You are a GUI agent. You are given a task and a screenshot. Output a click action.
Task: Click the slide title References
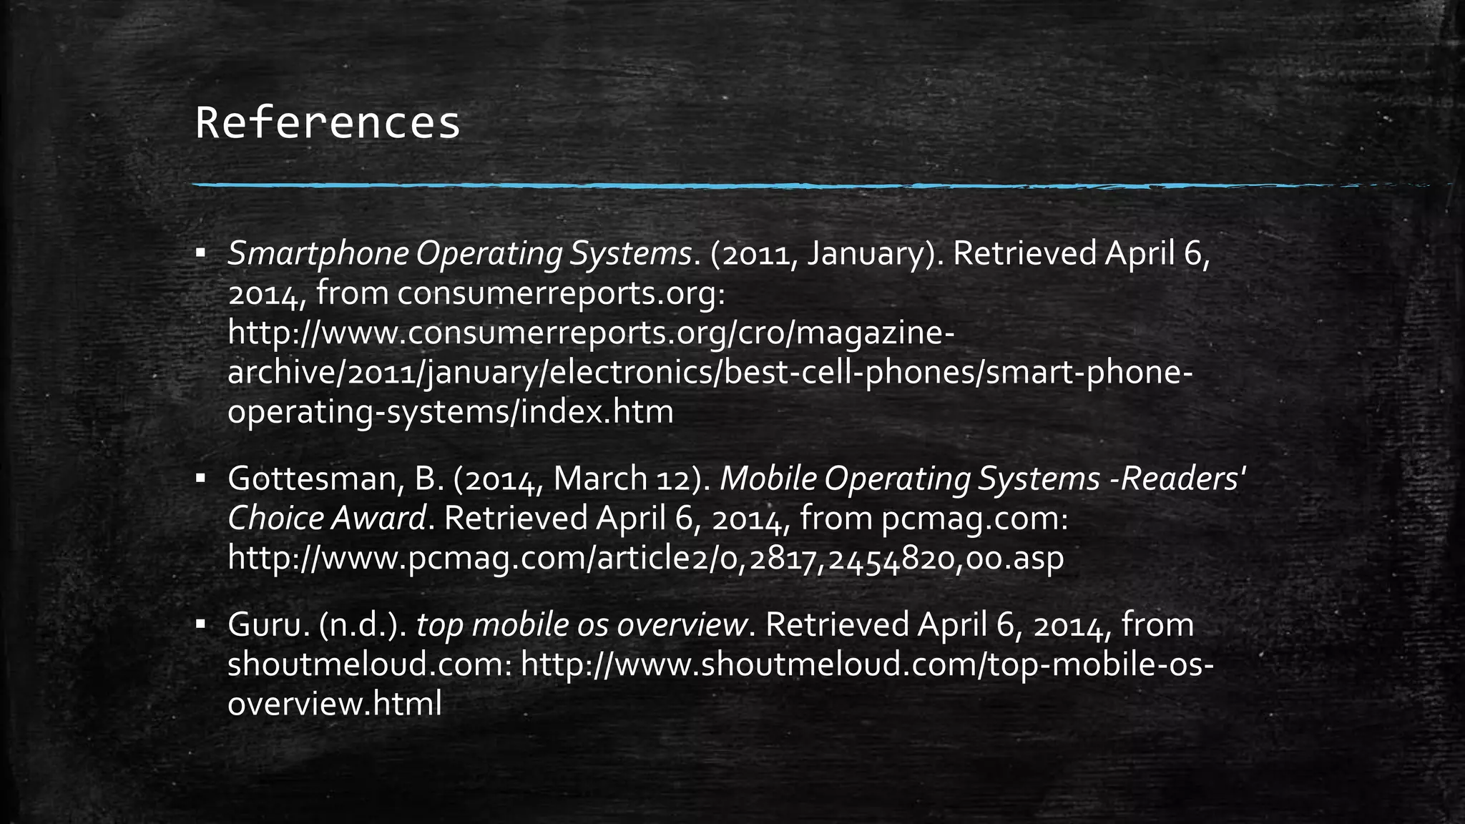point(328,123)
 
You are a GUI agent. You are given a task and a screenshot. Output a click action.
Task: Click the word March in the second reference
point(599,479)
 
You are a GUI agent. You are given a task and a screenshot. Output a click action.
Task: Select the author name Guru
point(268,625)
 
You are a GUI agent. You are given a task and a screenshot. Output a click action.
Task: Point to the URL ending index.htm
point(451,413)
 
